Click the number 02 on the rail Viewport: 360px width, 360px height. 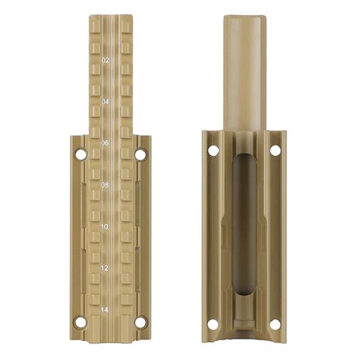click(105, 59)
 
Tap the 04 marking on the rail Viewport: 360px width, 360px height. click(105, 101)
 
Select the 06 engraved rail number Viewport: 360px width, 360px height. click(105, 143)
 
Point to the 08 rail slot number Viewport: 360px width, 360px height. click(105, 185)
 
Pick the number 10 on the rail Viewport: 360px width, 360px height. click(105, 226)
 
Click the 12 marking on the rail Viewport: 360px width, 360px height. click(105, 268)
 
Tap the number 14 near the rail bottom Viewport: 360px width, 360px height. click(105, 310)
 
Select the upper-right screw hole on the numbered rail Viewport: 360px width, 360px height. click(141, 155)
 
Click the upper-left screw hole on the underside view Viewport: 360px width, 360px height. click(213, 150)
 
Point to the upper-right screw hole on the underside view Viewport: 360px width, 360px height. click(275, 150)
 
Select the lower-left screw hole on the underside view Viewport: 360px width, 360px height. click(213, 325)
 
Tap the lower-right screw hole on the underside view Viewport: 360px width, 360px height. click(275, 325)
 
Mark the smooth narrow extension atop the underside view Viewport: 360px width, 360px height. click(244, 68)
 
